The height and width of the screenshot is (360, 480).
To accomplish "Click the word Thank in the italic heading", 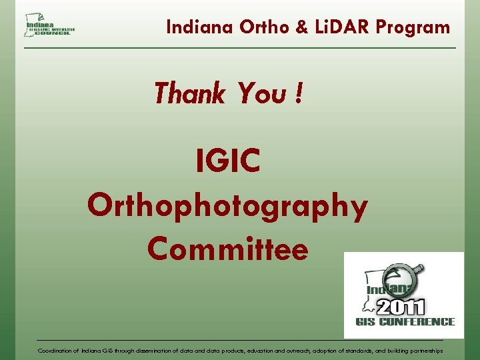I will click(189, 93).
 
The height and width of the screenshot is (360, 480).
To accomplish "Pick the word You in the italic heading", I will click(261, 93).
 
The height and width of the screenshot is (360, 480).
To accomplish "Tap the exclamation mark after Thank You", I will click(297, 93).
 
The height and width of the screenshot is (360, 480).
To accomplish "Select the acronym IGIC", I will click(228, 161).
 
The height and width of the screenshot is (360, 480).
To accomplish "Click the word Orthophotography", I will click(227, 206).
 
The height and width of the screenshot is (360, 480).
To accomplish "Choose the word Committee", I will click(228, 249).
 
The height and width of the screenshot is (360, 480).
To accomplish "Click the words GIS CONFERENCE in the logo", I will click(405, 322).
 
